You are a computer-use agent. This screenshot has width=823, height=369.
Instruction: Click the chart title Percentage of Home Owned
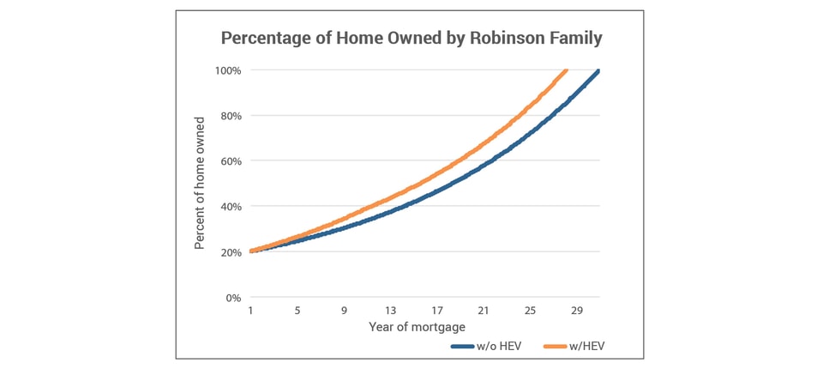[411, 38]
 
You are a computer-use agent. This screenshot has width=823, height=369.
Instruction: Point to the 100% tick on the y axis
[228, 70]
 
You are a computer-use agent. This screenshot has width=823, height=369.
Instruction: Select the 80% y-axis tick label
[230, 116]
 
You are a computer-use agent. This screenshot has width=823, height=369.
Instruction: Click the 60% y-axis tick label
[230, 161]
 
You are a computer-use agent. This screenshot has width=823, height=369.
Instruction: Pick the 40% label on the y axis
[230, 207]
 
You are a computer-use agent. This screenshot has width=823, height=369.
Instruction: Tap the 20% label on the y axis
[230, 252]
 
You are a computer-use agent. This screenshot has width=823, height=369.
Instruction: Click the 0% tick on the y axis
[233, 298]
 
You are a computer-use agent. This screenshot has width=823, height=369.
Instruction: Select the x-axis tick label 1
[251, 311]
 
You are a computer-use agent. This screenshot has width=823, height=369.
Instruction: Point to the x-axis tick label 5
[297, 311]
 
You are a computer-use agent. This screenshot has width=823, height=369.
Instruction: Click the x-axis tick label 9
[344, 311]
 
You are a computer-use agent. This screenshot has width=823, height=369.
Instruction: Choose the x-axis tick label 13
[390, 311]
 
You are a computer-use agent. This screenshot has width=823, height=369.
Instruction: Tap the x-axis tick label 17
[437, 311]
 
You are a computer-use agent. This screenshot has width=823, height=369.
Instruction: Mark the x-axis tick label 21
[484, 311]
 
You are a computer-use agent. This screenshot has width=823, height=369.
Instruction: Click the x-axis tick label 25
[530, 311]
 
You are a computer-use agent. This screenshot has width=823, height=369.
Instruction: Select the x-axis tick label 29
[576, 311]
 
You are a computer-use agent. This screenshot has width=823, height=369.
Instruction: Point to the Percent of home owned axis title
[199, 184]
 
